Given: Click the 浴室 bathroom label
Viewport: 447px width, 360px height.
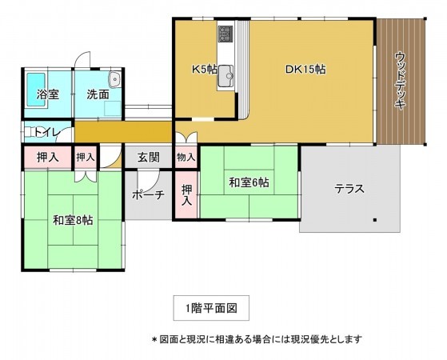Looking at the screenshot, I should [47, 94].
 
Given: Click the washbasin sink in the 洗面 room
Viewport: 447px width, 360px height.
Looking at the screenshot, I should [114, 78].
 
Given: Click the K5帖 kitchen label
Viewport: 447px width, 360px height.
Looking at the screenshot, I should [203, 69].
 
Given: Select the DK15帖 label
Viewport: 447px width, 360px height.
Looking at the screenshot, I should [305, 69].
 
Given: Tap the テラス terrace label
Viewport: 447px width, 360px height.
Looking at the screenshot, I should [349, 190].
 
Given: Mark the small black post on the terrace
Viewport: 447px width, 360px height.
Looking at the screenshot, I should [374, 218].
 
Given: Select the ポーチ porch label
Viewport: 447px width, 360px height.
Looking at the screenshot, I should [148, 194].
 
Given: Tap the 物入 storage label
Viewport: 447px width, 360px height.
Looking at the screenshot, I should [186, 157].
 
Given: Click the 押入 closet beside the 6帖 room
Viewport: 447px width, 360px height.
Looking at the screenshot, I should [186, 195].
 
